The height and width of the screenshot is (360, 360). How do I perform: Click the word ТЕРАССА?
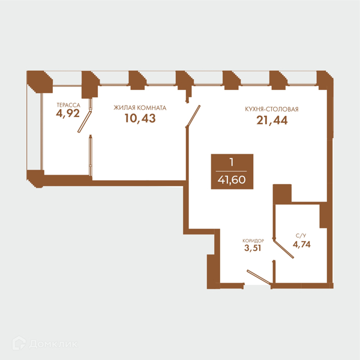click(68, 105)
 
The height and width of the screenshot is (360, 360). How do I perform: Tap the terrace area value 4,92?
click(68, 113)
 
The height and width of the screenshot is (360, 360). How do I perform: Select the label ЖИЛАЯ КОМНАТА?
click(140, 107)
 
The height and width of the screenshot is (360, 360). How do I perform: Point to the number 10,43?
click(140, 118)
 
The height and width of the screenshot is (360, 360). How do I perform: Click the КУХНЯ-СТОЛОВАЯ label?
click(272, 109)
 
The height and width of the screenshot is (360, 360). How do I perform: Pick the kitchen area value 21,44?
click(272, 121)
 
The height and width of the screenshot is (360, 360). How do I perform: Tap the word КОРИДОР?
click(253, 241)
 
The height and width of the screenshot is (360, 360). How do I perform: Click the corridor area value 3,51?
click(253, 248)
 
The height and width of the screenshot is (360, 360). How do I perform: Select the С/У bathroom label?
click(301, 236)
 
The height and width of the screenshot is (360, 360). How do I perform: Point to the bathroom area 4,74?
click(301, 244)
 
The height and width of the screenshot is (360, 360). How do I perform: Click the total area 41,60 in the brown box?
click(232, 180)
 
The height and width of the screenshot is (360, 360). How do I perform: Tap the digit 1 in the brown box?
click(232, 163)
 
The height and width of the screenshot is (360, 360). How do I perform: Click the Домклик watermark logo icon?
click(19, 343)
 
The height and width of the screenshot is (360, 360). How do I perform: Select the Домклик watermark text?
click(53, 344)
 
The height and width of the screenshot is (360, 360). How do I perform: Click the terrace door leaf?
click(85, 122)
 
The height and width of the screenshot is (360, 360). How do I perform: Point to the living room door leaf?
click(193, 116)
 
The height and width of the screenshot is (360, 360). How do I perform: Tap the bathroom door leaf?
click(283, 248)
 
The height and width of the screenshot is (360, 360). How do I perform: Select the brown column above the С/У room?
click(282, 194)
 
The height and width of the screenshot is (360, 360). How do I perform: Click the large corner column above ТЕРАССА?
click(40, 82)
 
